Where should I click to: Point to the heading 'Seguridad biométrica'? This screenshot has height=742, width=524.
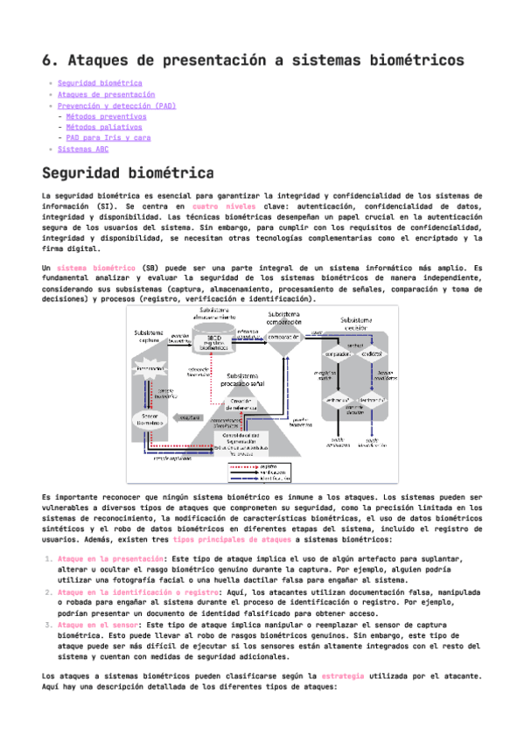128,172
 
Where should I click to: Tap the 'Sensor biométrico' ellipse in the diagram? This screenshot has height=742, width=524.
150,422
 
